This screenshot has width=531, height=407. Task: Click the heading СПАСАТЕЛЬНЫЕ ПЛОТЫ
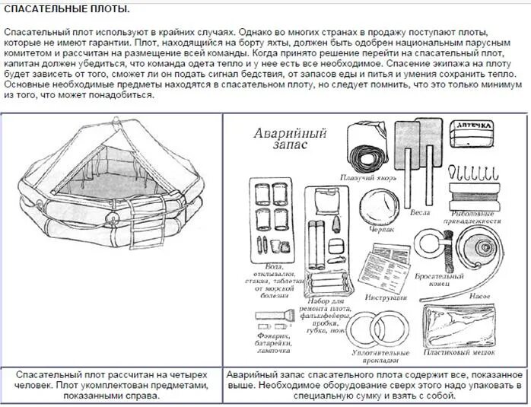[x=67, y=9]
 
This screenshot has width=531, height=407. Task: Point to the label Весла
[x=421, y=212]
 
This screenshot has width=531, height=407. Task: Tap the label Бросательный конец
[x=434, y=278]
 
